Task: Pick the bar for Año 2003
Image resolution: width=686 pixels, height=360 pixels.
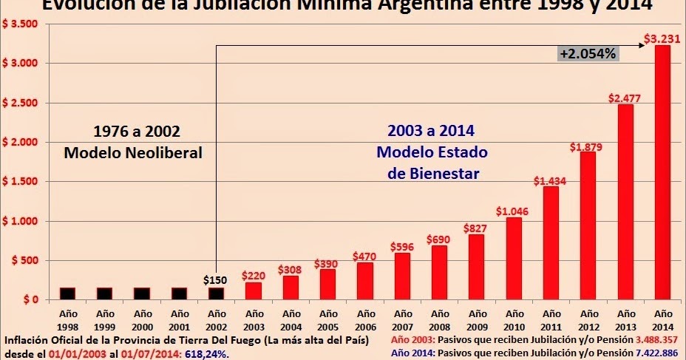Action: pos(254,291)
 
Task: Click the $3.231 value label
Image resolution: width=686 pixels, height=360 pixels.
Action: pos(657,39)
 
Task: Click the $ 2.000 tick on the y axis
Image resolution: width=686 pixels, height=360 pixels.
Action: pos(21,142)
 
